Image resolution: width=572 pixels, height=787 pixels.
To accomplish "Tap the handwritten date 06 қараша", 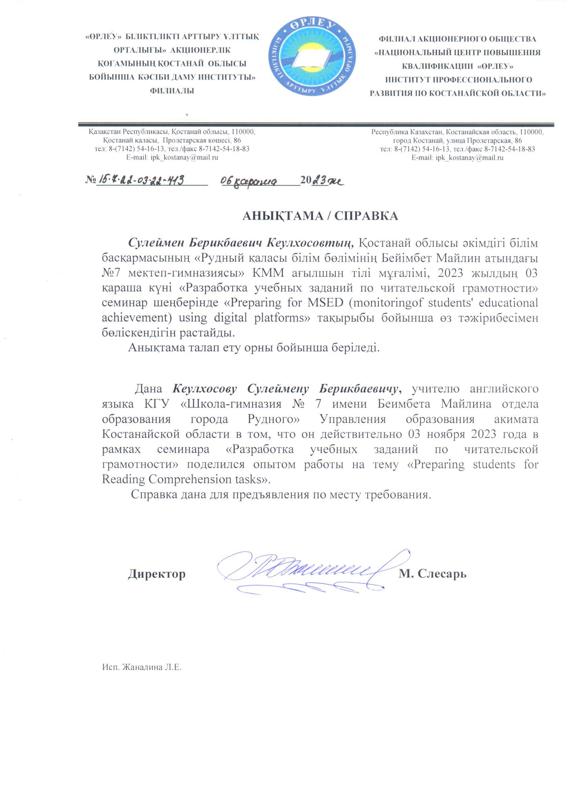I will tap(250, 181).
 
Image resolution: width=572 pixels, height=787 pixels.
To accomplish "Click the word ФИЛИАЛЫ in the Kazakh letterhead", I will tap(171, 91).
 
